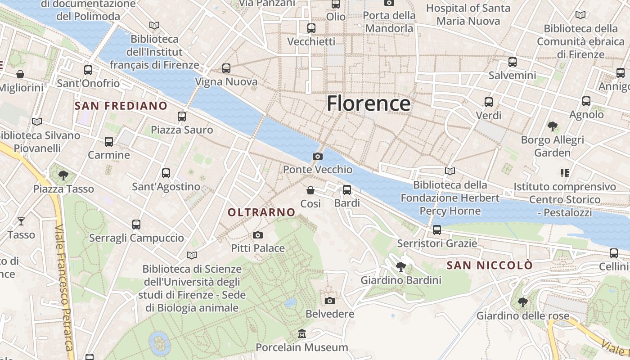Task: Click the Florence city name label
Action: (x=368, y=103)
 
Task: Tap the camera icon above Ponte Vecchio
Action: (x=317, y=157)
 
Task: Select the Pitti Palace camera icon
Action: (x=258, y=235)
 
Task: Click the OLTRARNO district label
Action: (x=261, y=212)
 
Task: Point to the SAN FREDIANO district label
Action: (x=121, y=106)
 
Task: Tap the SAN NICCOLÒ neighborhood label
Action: (x=490, y=265)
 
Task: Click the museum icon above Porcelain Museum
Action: (x=301, y=334)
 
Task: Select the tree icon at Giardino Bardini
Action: (x=400, y=267)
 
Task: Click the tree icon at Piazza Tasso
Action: (x=63, y=175)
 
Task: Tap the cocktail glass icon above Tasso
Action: (x=21, y=221)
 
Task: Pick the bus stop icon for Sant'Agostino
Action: (x=166, y=173)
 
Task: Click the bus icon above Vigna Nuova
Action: (x=226, y=68)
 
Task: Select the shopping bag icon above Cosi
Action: (x=310, y=190)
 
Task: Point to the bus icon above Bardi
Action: (x=346, y=190)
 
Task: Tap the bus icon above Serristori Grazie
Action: (x=436, y=230)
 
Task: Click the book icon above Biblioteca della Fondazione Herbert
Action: (x=450, y=171)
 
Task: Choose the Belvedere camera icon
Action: (x=330, y=301)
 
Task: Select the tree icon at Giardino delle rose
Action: (x=522, y=302)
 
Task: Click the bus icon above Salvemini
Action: (x=512, y=62)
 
